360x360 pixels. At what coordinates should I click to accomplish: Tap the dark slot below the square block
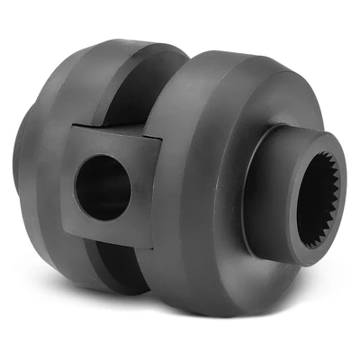126,270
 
